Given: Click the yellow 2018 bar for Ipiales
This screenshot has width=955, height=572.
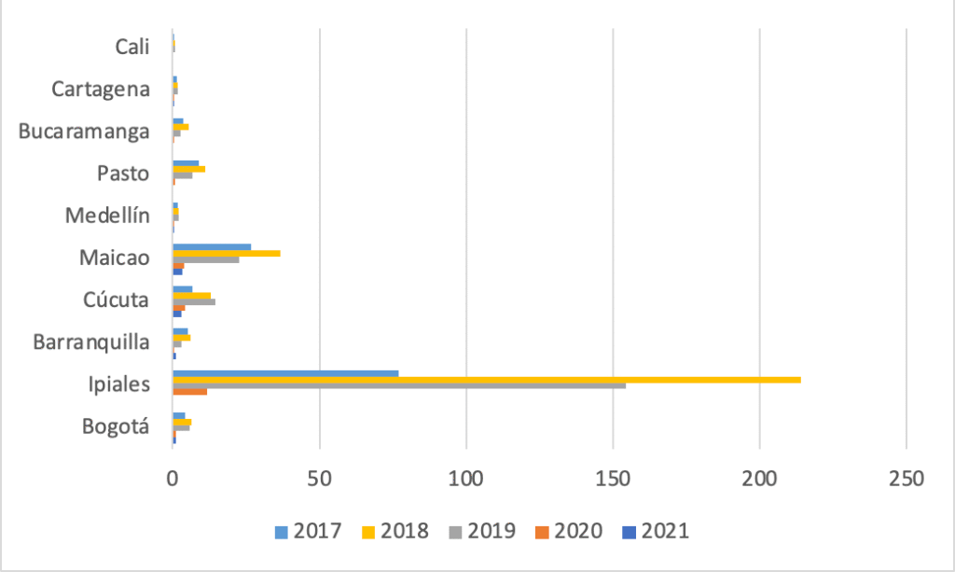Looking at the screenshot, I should point(485,379).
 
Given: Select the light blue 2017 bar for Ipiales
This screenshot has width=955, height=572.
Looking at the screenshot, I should point(285,373).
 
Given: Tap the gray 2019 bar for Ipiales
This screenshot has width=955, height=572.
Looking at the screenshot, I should point(399,385).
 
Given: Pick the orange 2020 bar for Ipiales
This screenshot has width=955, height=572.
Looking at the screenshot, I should point(189,391).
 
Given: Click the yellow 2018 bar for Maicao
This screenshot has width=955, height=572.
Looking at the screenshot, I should point(226,253).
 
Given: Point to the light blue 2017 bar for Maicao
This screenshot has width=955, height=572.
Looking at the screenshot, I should point(212,247).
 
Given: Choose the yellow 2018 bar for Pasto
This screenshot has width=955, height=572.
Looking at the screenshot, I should point(188,169).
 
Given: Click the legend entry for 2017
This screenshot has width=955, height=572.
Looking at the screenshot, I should point(308,531).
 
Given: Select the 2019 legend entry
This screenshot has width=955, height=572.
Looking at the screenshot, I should point(482,531).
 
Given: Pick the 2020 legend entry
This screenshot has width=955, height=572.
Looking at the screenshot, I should point(569,531).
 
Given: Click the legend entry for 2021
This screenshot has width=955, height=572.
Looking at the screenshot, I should point(656,531).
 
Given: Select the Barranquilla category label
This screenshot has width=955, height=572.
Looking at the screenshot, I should point(90,342).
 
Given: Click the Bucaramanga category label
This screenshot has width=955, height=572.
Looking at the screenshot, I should point(84,132).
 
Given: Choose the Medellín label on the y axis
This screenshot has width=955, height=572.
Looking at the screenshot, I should point(107,216).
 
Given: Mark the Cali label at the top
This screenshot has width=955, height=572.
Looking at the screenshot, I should point(132,47).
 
